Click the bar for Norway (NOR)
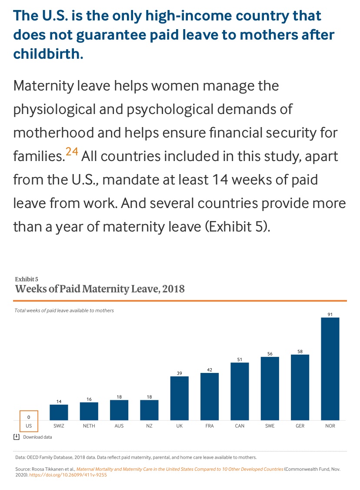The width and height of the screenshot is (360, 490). (x=330, y=369)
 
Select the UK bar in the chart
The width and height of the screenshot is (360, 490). (x=179, y=398)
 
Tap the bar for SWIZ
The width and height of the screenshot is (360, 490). (x=59, y=412)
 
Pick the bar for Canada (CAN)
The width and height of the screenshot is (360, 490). (x=240, y=391)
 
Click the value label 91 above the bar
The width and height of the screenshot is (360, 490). (x=330, y=314)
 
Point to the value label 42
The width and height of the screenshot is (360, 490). (x=210, y=369)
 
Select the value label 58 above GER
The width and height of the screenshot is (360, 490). (x=300, y=351)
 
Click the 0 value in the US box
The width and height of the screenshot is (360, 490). (x=29, y=417)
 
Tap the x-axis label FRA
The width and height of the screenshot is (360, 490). (x=210, y=426)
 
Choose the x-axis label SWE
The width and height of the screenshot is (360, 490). (x=270, y=426)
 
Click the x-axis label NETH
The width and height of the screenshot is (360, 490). (x=89, y=426)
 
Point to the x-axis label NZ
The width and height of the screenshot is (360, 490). (x=149, y=426)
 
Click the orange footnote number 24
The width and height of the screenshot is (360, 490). (x=72, y=152)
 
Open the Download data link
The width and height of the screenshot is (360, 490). (x=37, y=437)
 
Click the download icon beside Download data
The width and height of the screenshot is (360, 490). (x=16, y=436)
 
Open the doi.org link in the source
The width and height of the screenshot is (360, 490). (x=68, y=475)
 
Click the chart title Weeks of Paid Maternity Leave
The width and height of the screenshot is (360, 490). (x=100, y=289)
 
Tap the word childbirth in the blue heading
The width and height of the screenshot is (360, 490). (x=48, y=54)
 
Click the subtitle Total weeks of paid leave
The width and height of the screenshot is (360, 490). (x=64, y=311)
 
